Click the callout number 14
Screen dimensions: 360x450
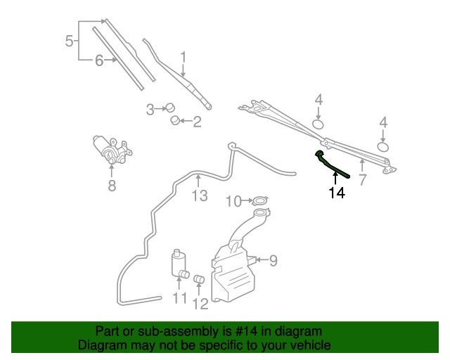[x=337, y=192]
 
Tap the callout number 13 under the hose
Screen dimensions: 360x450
[x=200, y=195]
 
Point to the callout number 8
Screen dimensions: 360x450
[x=111, y=186]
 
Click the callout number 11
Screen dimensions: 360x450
[x=179, y=298]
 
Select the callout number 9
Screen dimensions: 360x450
[x=273, y=261]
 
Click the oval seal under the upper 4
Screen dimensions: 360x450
[x=318, y=125]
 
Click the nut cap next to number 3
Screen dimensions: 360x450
[x=169, y=108]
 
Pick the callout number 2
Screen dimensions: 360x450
[x=197, y=122]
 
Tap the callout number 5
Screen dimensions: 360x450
[x=69, y=41]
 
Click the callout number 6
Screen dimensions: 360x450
[x=99, y=60]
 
